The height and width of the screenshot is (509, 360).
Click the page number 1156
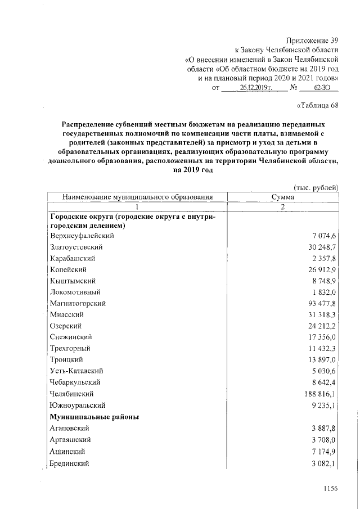click(328, 489)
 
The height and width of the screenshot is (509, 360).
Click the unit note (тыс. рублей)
click(316, 187)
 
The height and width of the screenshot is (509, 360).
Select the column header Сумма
click(282, 197)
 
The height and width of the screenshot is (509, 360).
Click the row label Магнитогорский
click(78, 303)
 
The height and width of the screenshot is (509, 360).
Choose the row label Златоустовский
click(76, 246)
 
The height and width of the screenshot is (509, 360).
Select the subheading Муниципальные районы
click(94, 417)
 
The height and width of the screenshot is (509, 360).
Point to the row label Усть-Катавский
click(77, 371)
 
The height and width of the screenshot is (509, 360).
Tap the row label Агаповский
click(72, 429)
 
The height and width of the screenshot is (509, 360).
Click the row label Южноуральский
click(77, 405)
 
